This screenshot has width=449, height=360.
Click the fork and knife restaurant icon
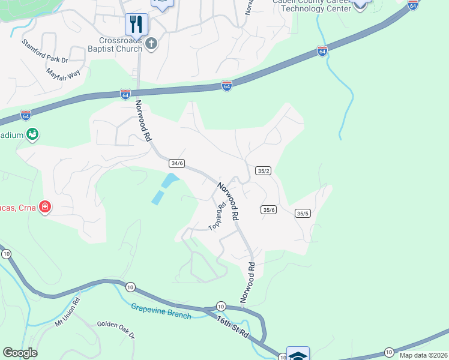pos(137,24)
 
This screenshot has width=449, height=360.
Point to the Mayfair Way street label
pos(63,74)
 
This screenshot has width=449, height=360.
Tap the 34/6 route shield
pos(176,163)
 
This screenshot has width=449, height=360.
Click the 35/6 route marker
pos(268,209)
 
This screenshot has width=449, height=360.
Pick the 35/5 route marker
pos(302,213)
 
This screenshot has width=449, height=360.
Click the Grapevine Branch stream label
pos(161,311)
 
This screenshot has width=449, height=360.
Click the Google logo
pos(20,353)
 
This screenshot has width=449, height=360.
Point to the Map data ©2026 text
pos(423,355)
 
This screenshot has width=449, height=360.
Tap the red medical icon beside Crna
pos(44,208)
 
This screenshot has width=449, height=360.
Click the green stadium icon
pos(32,134)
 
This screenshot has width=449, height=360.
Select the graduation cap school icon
pos(298,355)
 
